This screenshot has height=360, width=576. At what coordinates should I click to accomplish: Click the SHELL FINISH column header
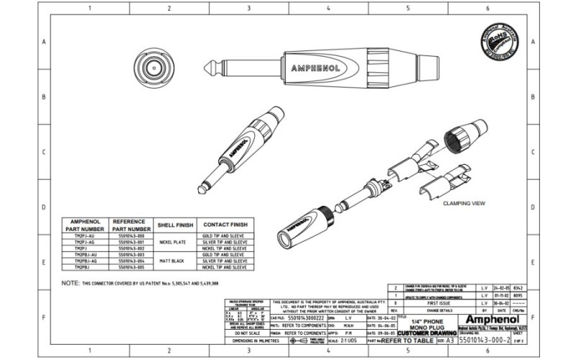pos(176,225)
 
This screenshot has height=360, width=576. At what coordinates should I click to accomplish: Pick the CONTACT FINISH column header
pos(225,225)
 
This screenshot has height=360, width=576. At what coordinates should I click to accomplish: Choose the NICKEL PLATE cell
pos(176,243)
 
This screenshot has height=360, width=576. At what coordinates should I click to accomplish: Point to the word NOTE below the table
pos(70,284)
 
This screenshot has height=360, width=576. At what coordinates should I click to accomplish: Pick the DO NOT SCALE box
pos(246,333)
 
